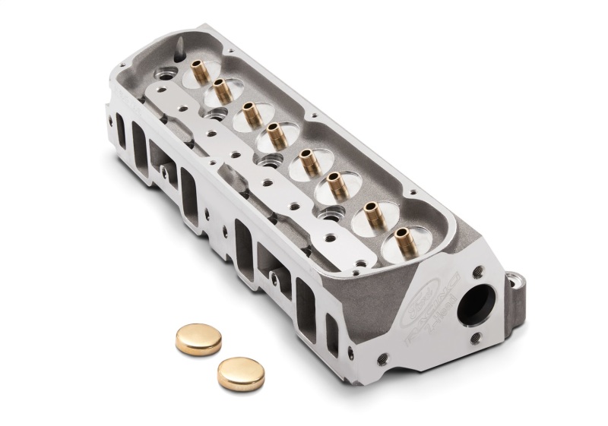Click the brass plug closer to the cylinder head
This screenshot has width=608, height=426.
click(198, 339)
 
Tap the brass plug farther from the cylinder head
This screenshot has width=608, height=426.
click(240, 372)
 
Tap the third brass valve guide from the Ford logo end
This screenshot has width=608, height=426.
click(337, 183)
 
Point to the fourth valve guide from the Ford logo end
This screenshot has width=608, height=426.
click(308, 160)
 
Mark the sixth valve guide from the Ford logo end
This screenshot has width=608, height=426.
click(249, 114)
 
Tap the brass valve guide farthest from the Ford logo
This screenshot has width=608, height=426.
click(199, 71)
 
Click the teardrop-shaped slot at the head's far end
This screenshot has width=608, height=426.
click(179, 52)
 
